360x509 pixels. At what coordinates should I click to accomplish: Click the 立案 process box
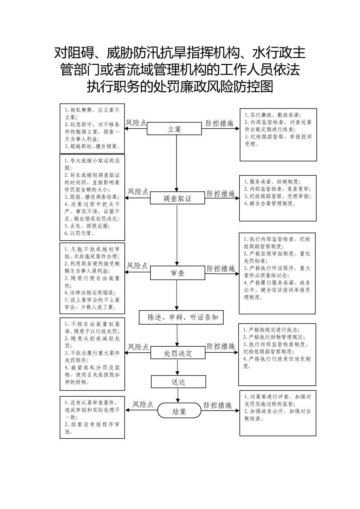(174, 129)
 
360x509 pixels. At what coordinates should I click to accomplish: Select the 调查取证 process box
(178, 198)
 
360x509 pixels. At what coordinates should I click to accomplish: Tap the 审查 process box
(178, 273)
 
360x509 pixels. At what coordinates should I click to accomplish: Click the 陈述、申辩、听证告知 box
(181, 317)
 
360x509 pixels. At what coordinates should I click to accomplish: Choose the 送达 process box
(179, 381)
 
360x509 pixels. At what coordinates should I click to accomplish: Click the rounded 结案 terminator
(179, 410)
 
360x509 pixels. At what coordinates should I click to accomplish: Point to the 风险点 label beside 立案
(136, 123)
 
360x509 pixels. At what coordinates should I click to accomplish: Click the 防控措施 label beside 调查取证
(221, 194)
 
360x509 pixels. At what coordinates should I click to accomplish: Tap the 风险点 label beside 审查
(137, 266)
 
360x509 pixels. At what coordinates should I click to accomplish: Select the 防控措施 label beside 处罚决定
(221, 346)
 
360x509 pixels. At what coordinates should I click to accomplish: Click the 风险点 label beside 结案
(143, 404)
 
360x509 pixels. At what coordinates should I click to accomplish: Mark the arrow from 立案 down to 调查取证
(176, 163)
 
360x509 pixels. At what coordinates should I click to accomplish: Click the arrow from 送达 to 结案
(178, 396)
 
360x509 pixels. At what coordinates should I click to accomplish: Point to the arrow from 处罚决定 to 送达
(178, 367)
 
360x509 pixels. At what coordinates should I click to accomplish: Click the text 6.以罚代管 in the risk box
(79, 233)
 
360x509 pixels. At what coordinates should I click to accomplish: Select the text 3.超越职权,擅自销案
(92, 146)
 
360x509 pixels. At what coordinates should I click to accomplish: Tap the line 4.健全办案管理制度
(270, 203)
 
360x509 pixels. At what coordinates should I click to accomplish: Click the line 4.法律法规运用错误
(90, 293)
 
